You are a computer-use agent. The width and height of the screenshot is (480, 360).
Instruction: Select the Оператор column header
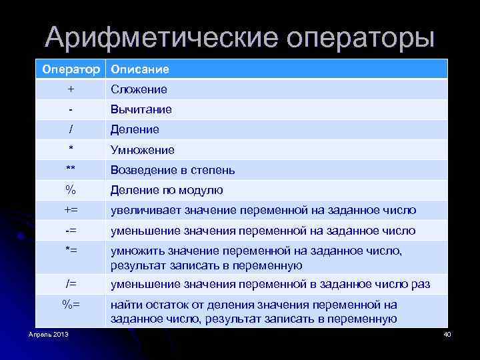tap(71, 69)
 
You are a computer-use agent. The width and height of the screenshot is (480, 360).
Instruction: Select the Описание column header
tap(140, 69)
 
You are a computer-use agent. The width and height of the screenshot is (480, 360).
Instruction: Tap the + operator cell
tap(71, 89)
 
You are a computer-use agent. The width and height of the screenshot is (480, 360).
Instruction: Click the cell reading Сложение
tap(139, 89)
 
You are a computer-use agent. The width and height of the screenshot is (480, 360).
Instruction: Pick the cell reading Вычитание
tap(141, 109)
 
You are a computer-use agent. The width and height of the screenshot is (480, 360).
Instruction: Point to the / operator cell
tap(71, 129)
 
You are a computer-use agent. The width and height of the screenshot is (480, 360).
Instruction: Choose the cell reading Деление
tap(135, 129)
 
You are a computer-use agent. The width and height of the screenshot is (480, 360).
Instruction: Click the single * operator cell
tap(71, 149)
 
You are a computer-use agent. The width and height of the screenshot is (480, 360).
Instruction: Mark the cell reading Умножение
tap(143, 150)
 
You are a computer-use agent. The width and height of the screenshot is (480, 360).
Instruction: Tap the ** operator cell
tap(71, 170)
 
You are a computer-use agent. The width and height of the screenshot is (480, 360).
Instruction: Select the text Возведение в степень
tap(173, 170)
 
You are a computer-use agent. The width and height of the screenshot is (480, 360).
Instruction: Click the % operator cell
tap(71, 190)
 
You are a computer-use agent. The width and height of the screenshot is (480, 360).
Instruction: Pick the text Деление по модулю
tap(167, 191)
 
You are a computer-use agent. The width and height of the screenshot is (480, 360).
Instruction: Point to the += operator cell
tap(71, 211)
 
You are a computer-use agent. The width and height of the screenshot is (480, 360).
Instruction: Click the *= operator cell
tap(71, 251)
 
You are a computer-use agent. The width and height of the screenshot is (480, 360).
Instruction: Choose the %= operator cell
tap(71, 305)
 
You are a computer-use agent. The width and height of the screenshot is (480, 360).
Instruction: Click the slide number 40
tap(447, 333)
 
